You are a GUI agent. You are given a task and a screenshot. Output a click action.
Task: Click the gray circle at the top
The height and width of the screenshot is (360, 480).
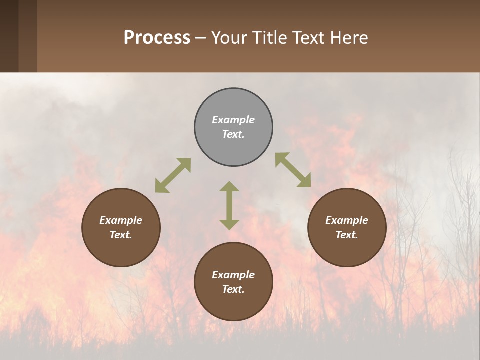point(233,127)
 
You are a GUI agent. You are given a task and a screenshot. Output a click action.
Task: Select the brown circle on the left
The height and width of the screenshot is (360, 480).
point(121,227)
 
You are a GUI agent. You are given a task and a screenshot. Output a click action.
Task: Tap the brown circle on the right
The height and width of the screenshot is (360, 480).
point(347,227)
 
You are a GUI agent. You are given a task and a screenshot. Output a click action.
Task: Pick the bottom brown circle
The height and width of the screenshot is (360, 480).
point(233,282)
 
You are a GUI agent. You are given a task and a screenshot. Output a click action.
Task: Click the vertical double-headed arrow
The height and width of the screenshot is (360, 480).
point(229,205)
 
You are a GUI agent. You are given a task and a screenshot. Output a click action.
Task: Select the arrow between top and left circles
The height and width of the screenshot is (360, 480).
point(173,175)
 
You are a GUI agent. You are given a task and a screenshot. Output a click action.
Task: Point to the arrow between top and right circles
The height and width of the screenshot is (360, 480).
point(293,170)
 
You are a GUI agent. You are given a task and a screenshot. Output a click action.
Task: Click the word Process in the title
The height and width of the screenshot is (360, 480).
point(157,38)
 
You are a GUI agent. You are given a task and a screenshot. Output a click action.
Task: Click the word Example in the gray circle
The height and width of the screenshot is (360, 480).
point(233,120)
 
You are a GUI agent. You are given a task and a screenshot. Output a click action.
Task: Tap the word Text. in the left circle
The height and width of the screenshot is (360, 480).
point(121,235)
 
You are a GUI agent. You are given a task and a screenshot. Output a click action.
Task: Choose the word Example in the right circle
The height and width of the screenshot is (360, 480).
point(347,220)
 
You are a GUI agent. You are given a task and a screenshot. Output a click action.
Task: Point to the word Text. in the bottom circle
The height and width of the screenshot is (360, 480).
point(233,289)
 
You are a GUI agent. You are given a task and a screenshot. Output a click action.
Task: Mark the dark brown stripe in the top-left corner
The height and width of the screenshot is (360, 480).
point(9,36)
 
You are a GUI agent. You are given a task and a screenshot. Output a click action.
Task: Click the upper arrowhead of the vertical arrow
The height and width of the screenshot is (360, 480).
point(229,187)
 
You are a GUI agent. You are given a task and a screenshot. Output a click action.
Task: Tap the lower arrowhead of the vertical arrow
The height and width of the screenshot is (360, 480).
point(229,224)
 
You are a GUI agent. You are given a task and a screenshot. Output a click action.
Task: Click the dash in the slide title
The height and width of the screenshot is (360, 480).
point(201,38)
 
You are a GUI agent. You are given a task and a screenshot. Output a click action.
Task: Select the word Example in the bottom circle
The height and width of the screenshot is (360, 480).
point(233,275)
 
